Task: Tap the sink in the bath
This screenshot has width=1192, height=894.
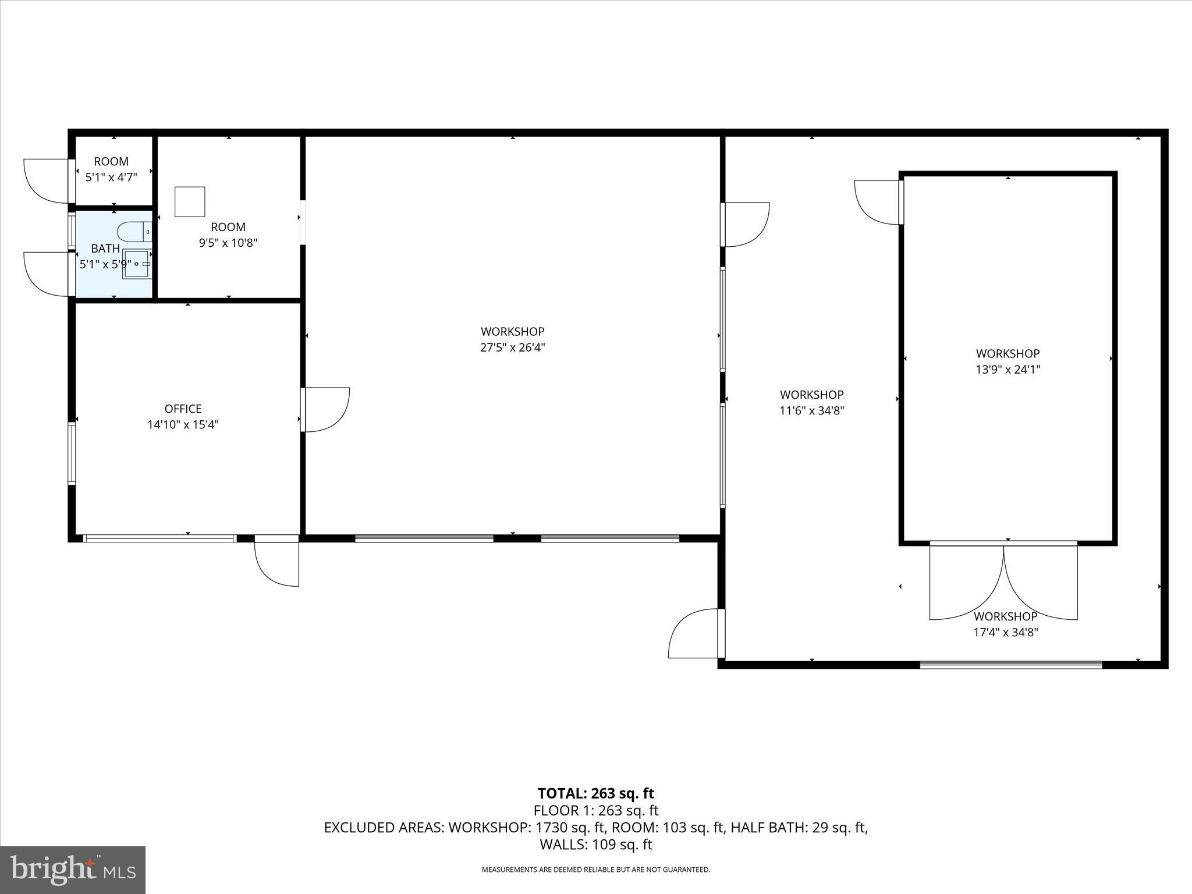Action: (137, 264)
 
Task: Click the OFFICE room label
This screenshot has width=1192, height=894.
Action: (183, 409)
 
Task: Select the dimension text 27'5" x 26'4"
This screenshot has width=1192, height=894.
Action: (512, 347)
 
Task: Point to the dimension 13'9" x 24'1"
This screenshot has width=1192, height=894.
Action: (1007, 369)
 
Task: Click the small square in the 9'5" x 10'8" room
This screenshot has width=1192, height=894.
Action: (190, 201)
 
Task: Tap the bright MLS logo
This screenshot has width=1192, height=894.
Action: (73, 870)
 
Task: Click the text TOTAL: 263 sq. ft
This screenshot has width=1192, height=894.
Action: (595, 793)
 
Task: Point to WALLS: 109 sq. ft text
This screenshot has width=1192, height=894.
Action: (595, 845)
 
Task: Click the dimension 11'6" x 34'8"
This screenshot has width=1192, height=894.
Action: (811, 410)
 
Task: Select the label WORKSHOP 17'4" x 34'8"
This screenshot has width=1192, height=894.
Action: (1005, 624)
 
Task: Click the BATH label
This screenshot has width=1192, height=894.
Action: (105, 249)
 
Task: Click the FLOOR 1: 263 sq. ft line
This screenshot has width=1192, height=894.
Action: (595, 810)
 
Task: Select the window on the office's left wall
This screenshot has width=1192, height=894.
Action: (72, 454)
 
